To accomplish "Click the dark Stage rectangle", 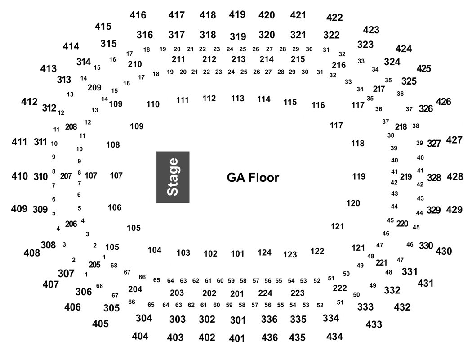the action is coord(173,177).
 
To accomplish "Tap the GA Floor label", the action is coord(253,178).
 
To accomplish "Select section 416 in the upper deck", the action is coord(138,15).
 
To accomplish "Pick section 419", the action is coord(237,14).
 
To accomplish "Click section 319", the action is coord(238,36).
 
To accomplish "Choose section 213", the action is coord(238,59).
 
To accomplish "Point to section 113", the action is coord(237,99).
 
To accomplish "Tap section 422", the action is coord(334,18).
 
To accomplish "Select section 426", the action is coord(443,102).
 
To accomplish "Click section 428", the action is coord(455,176).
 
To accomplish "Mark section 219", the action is coord(406,176).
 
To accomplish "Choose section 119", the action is coord(359,176).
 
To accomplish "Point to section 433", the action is coord(374,324).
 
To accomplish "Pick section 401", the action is coord(237,338).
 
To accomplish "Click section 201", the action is coord(237,293).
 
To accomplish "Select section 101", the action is coord(237,254).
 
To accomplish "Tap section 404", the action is coord(140,336).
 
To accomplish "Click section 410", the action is coord(20,176).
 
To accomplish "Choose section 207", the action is coord(66,176).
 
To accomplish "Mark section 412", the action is coord(29,102).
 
